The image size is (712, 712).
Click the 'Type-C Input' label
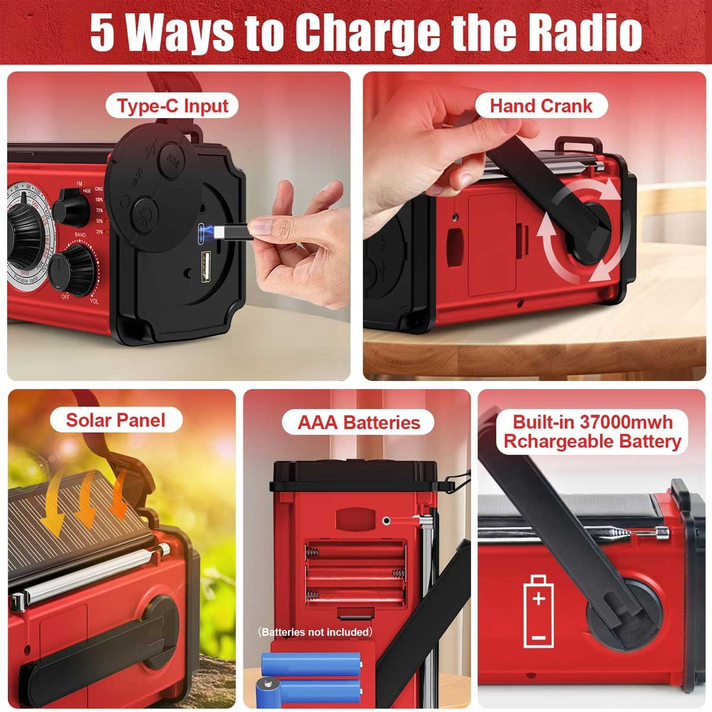point(172,106)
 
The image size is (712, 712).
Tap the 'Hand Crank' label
point(541,106)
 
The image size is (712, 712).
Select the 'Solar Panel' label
point(115,420)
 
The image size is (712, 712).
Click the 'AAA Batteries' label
point(358,422)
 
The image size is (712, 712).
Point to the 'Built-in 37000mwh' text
point(592,422)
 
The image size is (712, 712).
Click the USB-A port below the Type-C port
point(205,262)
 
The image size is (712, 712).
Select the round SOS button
point(173,159)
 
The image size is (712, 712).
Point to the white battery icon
point(538,611)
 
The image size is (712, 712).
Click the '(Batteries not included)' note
point(316,632)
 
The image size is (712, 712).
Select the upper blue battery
point(311,664)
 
